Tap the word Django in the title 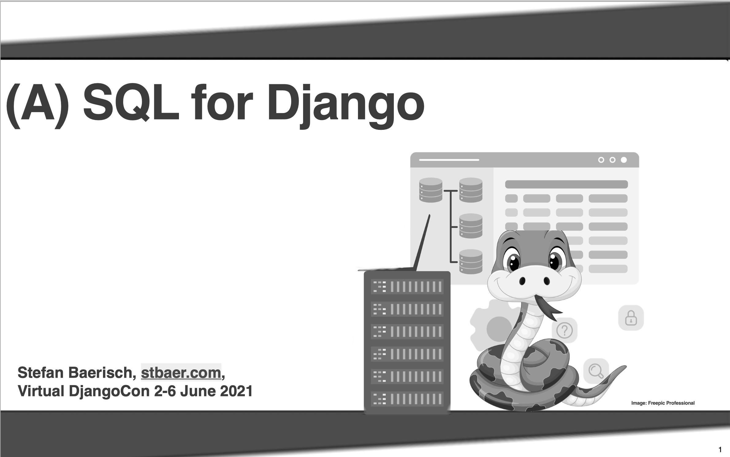click(x=346, y=104)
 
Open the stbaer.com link click(x=181, y=373)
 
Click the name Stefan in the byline click(x=41, y=373)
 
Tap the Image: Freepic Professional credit click(x=663, y=403)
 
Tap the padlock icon click(x=631, y=318)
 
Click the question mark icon click(x=565, y=330)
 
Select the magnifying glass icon click(x=596, y=371)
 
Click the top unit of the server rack click(x=407, y=287)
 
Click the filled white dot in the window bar click(x=624, y=160)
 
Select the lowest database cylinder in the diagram click(x=471, y=262)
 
